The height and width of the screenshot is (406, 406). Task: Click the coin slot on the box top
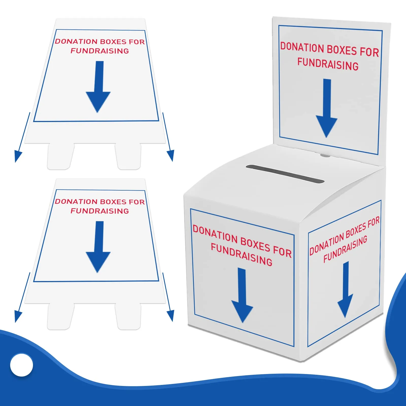point(285,174)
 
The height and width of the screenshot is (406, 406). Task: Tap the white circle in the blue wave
point(22,365)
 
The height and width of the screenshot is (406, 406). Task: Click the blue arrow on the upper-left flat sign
point(98,87)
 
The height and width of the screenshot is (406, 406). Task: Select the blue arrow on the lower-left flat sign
point(98,247)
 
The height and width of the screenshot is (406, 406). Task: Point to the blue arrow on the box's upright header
point(327,108)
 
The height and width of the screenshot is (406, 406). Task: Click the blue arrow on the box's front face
point(242,295)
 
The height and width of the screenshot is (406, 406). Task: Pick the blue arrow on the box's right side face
point(345,290)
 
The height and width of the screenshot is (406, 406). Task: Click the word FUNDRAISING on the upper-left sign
point(100,51)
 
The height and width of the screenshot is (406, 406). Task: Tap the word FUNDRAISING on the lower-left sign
point(100,211)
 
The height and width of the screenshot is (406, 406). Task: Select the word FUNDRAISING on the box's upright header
point(328,64)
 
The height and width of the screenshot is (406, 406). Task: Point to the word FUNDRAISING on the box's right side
point(345,249)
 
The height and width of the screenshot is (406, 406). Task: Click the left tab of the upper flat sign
point(61,156)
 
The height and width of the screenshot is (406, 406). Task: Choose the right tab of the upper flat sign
point(128,156)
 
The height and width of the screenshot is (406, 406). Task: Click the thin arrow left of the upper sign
point(22,137)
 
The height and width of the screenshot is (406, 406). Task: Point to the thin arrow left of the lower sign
point(22,297)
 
